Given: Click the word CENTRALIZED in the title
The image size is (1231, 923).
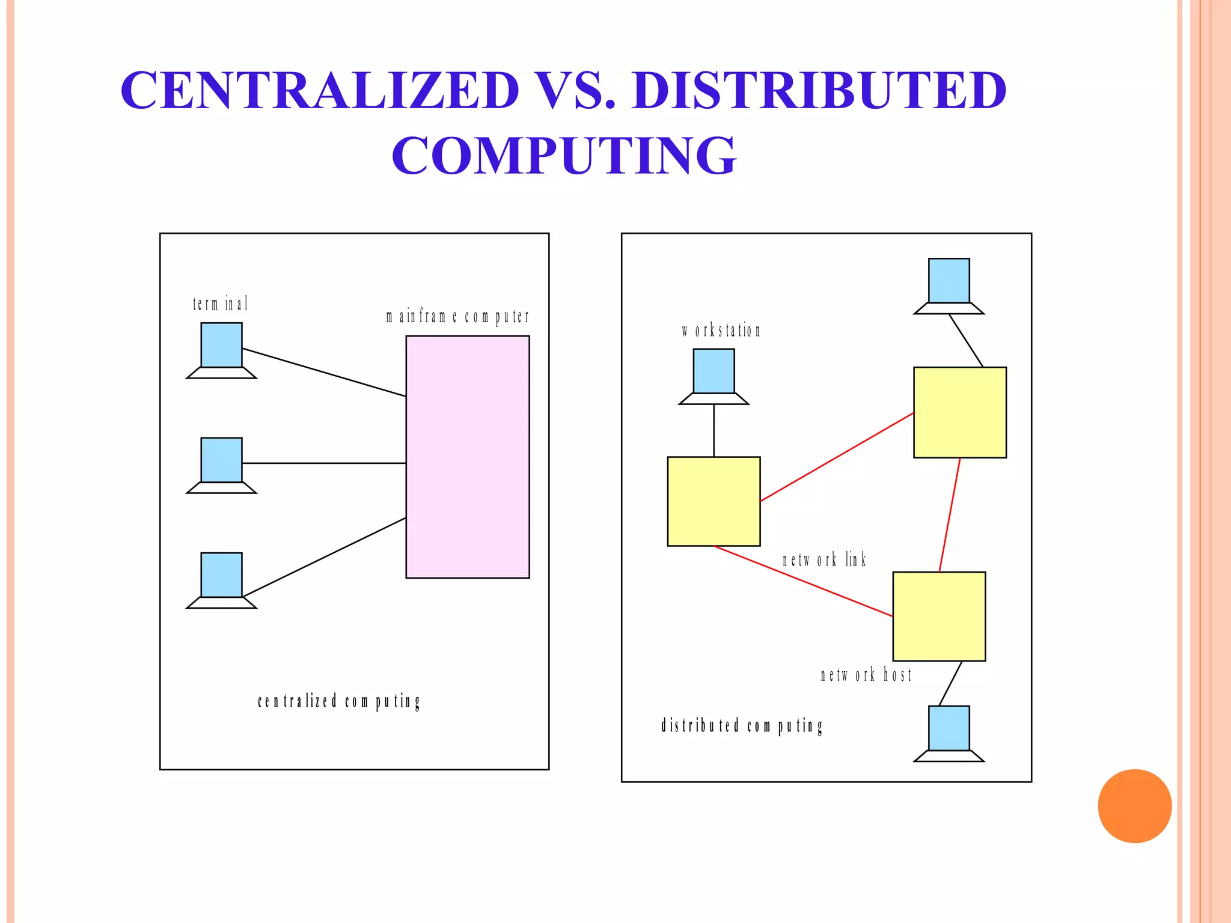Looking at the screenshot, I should point(319,90).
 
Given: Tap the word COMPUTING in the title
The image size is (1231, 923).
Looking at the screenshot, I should point(564,155).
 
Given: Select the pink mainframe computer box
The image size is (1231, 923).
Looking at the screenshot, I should point(468,457).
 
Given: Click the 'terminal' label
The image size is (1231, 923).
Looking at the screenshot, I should point(220,304).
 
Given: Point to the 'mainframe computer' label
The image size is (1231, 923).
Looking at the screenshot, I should point(457,316).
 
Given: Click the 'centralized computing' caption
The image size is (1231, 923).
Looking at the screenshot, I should point(339,701).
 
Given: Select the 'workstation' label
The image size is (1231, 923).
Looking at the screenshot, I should point(721,331).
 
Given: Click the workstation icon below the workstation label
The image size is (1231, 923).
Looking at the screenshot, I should point(713,376).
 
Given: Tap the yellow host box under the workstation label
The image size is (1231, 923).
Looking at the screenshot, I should point(713,501).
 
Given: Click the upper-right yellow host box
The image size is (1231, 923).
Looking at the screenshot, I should point(960,412).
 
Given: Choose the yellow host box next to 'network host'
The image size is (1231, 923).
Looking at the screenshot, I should point(939,616).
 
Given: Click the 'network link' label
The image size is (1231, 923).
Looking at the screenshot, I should point(824,560).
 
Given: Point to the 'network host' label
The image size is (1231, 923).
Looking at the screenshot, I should point(866,675).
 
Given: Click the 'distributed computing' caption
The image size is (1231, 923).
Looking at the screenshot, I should point(742,726).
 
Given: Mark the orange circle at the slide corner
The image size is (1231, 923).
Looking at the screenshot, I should point(1134,806).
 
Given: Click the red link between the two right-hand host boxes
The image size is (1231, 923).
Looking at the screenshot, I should point(950,514).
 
